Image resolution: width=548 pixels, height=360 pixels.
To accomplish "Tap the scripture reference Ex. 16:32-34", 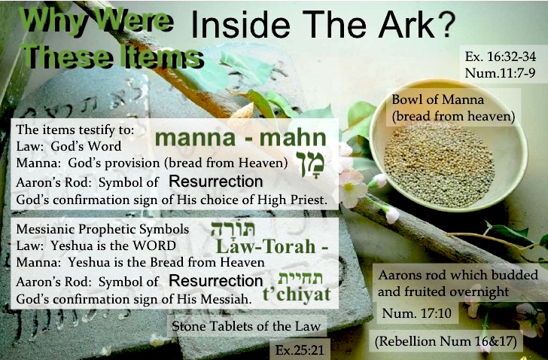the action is (500, 56).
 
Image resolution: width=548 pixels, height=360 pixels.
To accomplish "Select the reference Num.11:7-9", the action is (500, 73).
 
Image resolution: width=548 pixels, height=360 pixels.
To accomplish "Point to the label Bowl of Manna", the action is (437, 99).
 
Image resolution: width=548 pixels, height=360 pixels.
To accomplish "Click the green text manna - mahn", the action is (241, 137).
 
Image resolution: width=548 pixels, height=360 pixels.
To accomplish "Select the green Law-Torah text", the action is (272, 246).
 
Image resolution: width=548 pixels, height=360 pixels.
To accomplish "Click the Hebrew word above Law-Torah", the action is (233, 229).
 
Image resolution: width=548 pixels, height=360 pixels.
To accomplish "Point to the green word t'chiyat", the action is (297, 294).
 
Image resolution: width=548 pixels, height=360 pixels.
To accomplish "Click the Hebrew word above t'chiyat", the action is (300, 278).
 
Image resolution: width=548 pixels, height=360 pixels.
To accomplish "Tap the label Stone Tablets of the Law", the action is (246, 326).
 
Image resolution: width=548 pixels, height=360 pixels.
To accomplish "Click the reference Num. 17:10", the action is (416, 313).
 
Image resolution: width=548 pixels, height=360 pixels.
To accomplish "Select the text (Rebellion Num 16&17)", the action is (446, 341).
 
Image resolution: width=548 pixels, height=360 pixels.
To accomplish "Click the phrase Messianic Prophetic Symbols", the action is (102, 229).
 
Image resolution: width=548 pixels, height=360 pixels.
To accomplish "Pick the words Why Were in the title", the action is (96, 20).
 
